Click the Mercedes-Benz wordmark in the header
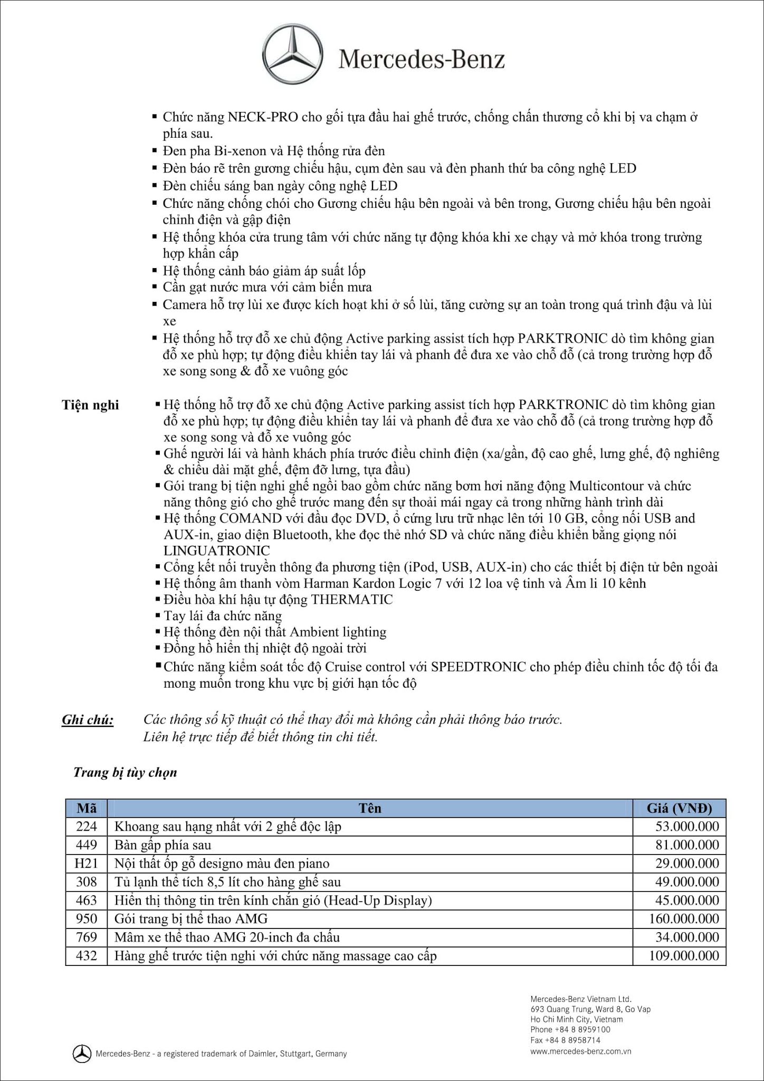click(x=421, y=60)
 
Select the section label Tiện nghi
click(x=90, y=405)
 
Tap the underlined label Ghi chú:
click(x=88, y=720)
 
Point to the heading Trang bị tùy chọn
click(x=125, y=773)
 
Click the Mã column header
click(x=87, y=808)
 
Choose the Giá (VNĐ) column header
click(x=679, y=808)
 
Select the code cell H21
click(x=87, y=864)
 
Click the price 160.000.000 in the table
click(x=684, y=919)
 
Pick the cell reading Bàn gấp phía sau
click(x=163, y=845)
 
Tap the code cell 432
click(x=87, y=956)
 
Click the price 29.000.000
click(x=687, y=864)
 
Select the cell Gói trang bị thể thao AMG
click(x=191, y=919)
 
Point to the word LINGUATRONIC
click(x=216, y=551)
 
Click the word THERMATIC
click(x=351, y=600)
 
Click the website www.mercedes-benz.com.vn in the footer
click(x=581, y=1051)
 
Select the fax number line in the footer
click(x=565, y=1040)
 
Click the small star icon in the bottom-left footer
click(x=81, y=1054)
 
